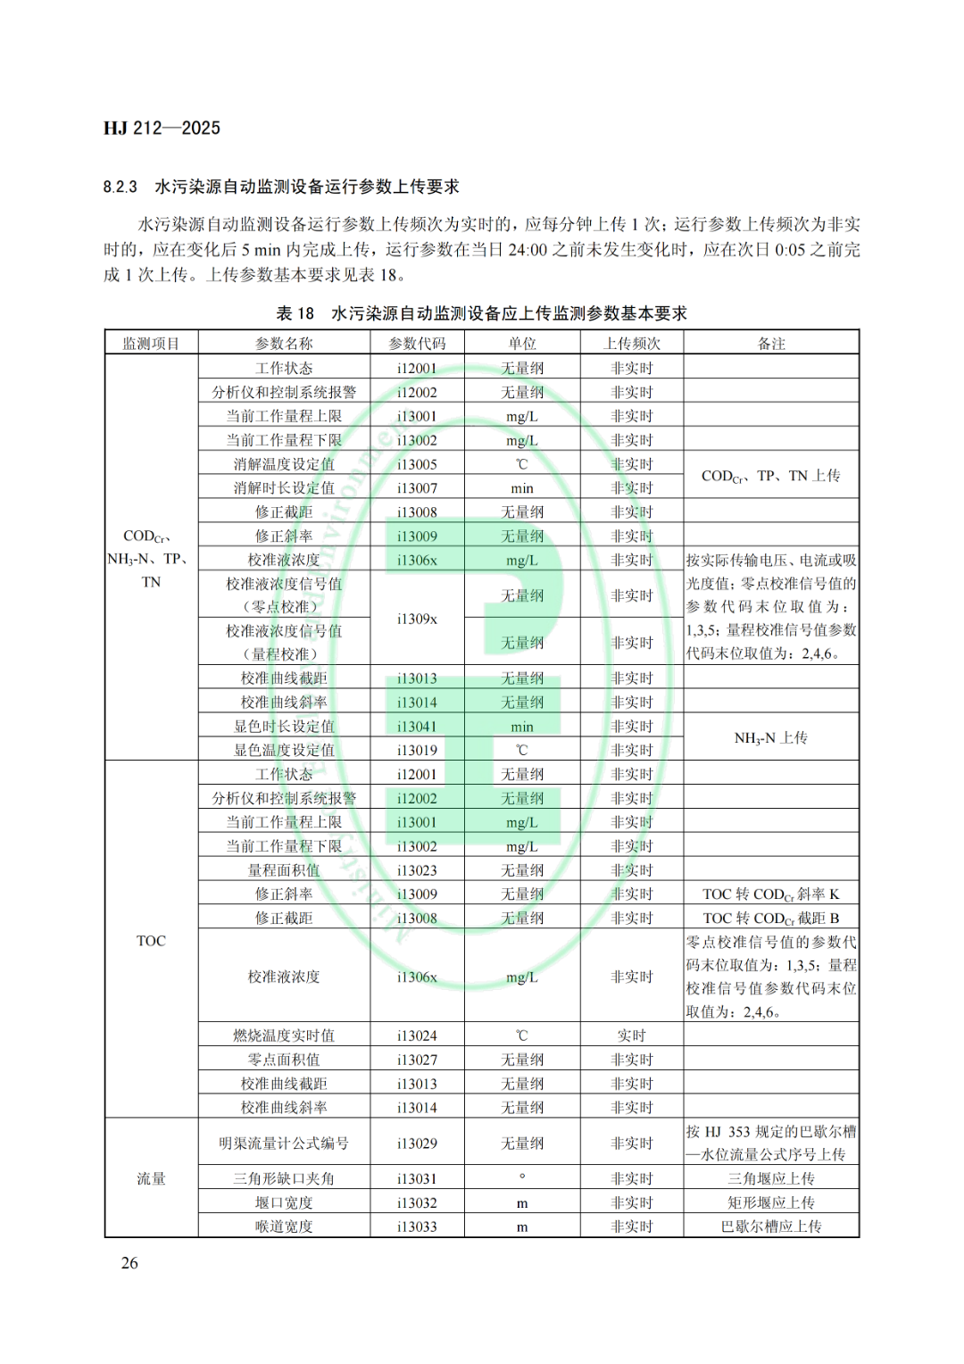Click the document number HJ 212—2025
pyautogui.click(x=162, y=128)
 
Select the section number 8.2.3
pyautogui.click(x=120, y=187)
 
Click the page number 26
pyautogui.click(x=129, y=1262)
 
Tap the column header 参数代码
pyautogui.click(x=417, y=344)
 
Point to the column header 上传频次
pyautogui.click(x=631, y=344)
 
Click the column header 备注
pyautogui.click(x=770, y=344)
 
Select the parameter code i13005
pyautogui.click(x=417, y=464)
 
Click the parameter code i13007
pyautogui.click(x=417, y=488)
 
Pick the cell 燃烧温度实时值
pyautogui.click(x=284, y=1035)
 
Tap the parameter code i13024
pyautogui.click(x=417, y=1035)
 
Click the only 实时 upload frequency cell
pyautogui.click(x=631, y=1035)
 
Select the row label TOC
pyautogui.click(x=151, y=941)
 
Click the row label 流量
pyautogui.click(x=151, y=1178)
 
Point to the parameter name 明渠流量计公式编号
pyautogui.click(x=284, y=1143)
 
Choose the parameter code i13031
pyautogui.click(x=417, y=1179)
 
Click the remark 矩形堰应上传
pyautogui.click(x=770, y=1202)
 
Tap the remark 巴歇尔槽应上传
pyautogui.click(x=770, y=1227)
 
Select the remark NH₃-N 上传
pyautogui.click(x=770, y=738)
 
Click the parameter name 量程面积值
pyautogui.click(x=284, y=870)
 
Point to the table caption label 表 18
pyautogui.click(x=295, y=313)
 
